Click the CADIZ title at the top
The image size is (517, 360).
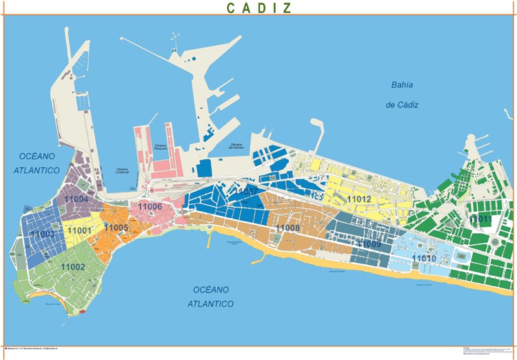[x=258, y=8]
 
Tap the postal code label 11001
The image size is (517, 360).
[x=79, y=230]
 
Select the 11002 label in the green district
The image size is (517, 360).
[x=72, y=266]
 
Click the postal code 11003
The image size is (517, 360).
[x=42, y=234]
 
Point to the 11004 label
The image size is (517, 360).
[x=75, y=199]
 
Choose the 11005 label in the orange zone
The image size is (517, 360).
[x=116, y=228]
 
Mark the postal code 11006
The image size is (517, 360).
[x=150, y=206]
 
